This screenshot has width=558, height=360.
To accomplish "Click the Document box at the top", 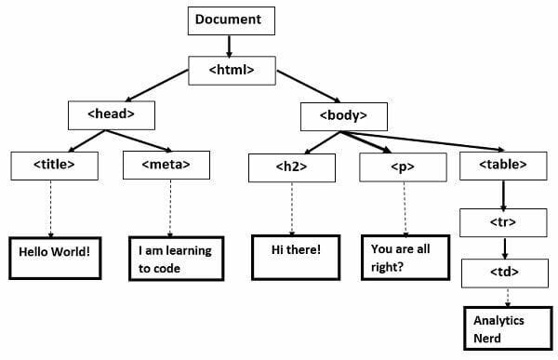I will coord(228,19).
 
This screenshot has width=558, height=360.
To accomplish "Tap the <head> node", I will coord(111,115).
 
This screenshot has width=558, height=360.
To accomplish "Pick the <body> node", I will coord(343,116).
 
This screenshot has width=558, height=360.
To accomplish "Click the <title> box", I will coord(53,165).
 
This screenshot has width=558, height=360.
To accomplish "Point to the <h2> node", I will coord(292,167).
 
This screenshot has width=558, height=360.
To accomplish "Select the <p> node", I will coord(405,167).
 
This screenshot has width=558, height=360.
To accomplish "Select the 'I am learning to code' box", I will coord(175,259).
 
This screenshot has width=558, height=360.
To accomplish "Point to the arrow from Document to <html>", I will coord(228,44).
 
